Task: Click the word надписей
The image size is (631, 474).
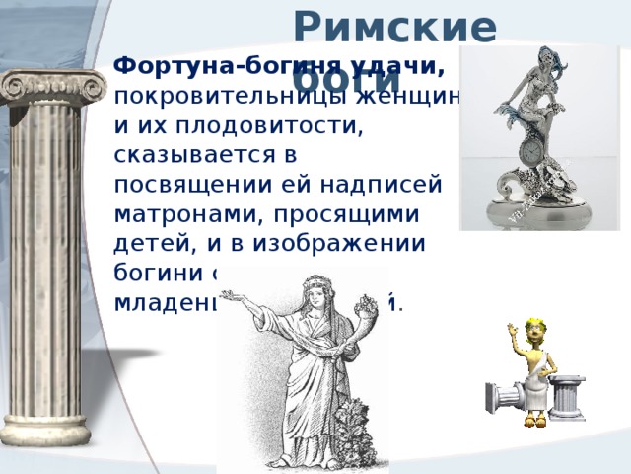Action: click(x=386, y=186)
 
